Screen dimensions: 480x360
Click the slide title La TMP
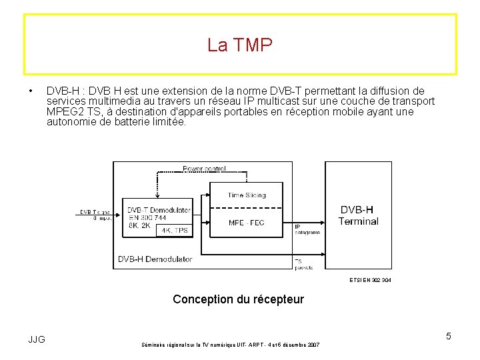(240, 45)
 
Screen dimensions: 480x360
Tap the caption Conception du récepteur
(238, 299)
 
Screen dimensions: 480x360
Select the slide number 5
(449, 336)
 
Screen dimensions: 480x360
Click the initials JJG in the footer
(37, 339)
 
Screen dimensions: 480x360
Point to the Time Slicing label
(246, 195)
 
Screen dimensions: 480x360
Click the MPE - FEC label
(246, 223)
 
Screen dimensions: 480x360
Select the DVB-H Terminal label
(359, 215)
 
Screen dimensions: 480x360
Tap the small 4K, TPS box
(174, 231)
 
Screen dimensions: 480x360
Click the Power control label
(205, 169)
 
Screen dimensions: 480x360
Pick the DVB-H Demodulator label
(155, 259)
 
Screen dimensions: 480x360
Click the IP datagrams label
(306, 229)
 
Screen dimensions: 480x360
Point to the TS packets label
(303, 264)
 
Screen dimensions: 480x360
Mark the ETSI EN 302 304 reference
(370, 280)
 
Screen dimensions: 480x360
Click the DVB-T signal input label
(95, 215)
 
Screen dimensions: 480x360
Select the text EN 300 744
(147, 217)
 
